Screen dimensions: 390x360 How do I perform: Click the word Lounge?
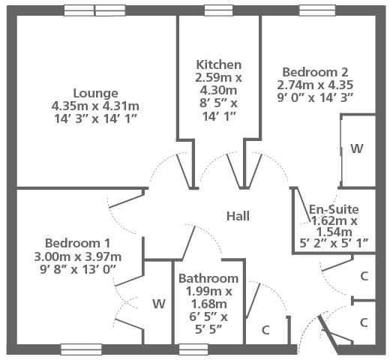95,94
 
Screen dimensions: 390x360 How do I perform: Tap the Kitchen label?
219,64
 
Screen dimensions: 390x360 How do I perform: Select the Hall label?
238,216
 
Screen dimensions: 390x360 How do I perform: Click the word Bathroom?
208,278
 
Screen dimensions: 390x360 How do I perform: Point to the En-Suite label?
334,209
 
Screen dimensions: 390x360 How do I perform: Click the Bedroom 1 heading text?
78,243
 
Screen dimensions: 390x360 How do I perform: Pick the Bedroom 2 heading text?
315,72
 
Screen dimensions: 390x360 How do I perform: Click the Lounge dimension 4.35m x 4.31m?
95,106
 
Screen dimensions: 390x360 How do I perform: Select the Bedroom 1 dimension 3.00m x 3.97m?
78,256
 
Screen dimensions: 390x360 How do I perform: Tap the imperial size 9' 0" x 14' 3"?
315,97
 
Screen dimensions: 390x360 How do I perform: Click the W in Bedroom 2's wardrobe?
356,148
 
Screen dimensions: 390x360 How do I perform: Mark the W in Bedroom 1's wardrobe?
159,304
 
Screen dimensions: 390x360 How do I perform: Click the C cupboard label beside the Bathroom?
265,330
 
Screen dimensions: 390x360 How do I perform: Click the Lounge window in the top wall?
94,10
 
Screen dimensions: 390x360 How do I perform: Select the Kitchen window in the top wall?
219,10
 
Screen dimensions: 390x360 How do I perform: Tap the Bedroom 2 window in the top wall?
317,10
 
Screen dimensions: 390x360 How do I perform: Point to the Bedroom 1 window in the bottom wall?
81,349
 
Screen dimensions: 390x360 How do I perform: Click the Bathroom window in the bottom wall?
193,349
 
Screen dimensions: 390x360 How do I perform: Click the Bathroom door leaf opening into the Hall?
189,242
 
